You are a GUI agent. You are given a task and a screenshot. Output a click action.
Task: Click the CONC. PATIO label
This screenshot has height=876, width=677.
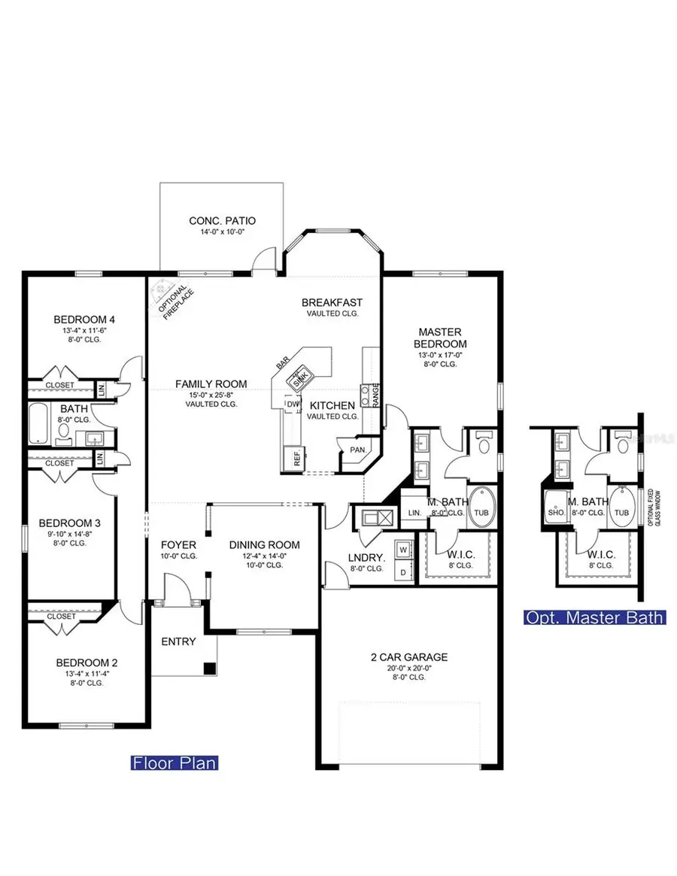click(222, 220)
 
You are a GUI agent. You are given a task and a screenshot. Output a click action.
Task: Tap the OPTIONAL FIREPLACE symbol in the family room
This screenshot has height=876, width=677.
click(164, 296)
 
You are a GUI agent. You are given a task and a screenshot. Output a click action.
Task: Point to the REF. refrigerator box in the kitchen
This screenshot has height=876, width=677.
click(291, 458)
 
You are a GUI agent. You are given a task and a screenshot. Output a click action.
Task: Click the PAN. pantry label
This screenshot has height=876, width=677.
click(358, 450)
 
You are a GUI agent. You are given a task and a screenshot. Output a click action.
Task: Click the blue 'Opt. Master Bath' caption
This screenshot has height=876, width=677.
click(595, 617)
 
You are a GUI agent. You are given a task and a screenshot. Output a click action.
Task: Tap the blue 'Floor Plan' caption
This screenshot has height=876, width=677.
click(175, 762)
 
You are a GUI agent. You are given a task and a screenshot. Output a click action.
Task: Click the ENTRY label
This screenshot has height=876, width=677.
click(178, 641)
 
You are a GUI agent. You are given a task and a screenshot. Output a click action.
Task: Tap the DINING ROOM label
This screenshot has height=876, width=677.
click(264, 545)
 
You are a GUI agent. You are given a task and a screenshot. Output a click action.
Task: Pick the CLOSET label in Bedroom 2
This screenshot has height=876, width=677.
click(61, 616)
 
